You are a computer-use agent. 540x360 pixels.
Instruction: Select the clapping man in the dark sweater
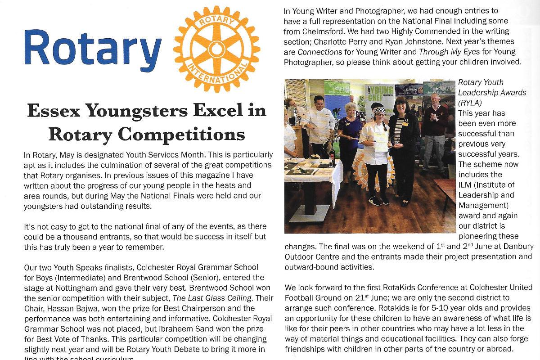point(434,121)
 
